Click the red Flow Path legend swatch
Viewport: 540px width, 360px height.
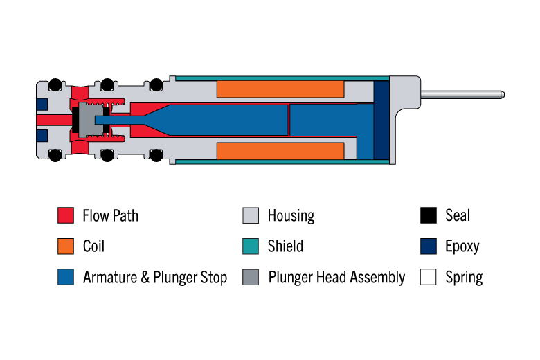click(x=66, y=215)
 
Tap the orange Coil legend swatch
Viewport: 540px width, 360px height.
click(x=66, y=246)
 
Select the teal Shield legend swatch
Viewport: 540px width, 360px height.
click(x=251, y=246)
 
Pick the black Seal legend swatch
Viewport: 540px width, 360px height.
click(x=429, y=215)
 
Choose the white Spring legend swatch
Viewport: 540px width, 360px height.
click(x=429, y=277)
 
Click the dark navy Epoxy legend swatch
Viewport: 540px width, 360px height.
click(x=429, y=246)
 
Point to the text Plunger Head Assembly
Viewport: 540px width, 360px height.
click(x=336, y=278)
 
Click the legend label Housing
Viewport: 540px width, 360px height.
click(x=291, y=216)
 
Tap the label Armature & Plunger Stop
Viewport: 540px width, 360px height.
click(x=155, y=278)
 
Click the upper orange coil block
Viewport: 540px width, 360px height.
click(x=280, y=89)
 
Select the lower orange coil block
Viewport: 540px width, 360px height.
click(x=280, y=151)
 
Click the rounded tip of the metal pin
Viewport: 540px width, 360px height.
click(x=503, y=94)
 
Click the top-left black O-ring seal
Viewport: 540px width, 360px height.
click(x=55, y=84)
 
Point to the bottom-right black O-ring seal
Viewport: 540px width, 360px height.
click(x=156, y=155)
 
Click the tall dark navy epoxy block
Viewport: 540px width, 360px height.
click(x=381, y=120)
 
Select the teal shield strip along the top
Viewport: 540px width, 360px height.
click(x=282, y=78)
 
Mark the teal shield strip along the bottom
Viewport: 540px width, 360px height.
click(x=282, y=161)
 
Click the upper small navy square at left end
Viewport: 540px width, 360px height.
click(x=42, y=105)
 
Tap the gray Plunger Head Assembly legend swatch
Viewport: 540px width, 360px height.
click(x=251, y=277)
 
